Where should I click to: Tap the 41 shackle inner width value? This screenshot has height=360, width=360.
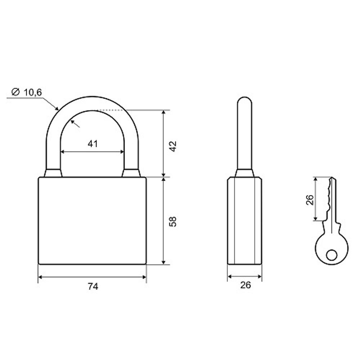click(93, 144)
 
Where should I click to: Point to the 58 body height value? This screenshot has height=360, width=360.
click(174, 221)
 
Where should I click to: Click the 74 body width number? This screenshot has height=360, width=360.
click(93, 287)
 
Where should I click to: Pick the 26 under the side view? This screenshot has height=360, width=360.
click(245, 285)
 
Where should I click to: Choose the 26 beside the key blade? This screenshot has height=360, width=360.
click(310, 199)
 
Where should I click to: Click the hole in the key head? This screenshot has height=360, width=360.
click(332, 255)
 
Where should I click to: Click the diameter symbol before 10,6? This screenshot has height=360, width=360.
click(15, 92)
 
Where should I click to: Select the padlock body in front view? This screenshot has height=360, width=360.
click(92, 221)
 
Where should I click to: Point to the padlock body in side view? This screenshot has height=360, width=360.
click(245, 221)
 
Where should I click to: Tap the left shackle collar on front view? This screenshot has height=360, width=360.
click(53, 173)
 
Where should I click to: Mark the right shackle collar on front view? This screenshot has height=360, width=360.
click(131, 173)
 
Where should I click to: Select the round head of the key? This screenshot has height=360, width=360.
click(332, 248)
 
